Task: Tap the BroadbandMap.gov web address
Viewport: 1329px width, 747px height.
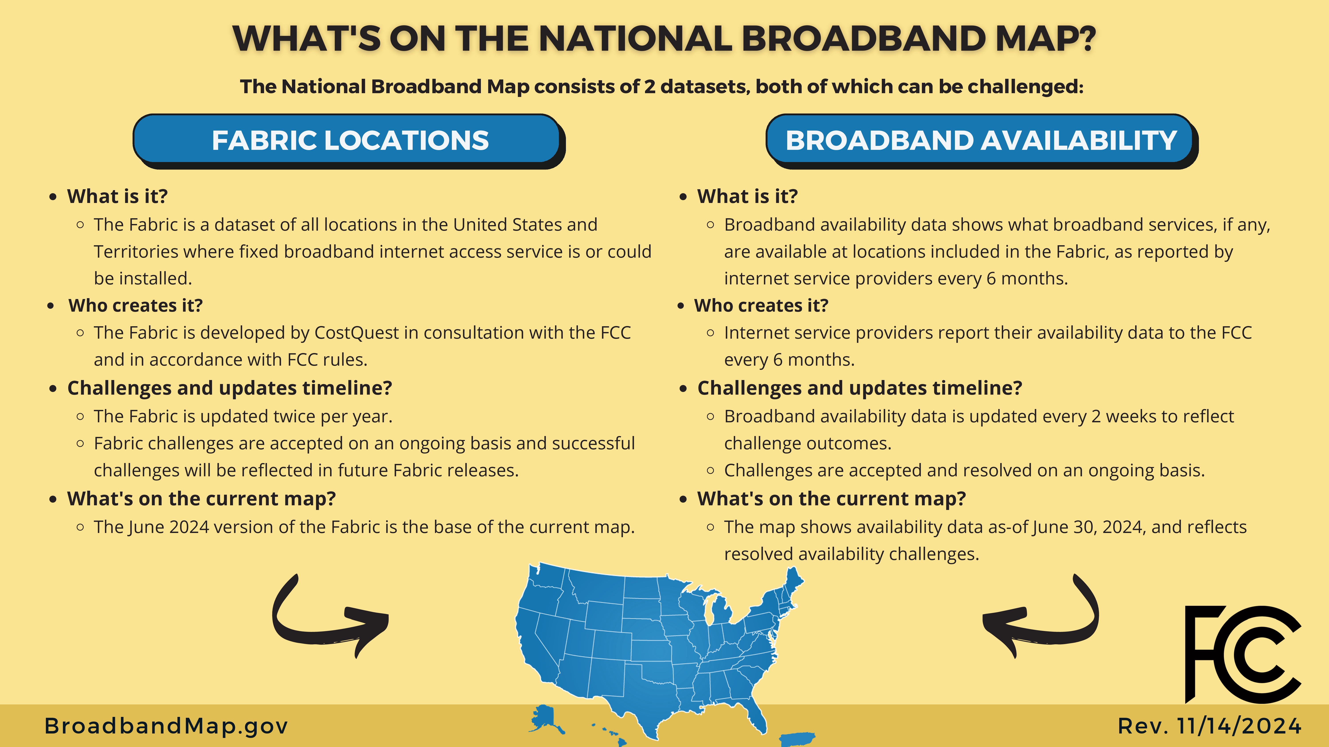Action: (x=166, y=726)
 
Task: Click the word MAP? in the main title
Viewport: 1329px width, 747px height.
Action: (x=1045, y=39)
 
